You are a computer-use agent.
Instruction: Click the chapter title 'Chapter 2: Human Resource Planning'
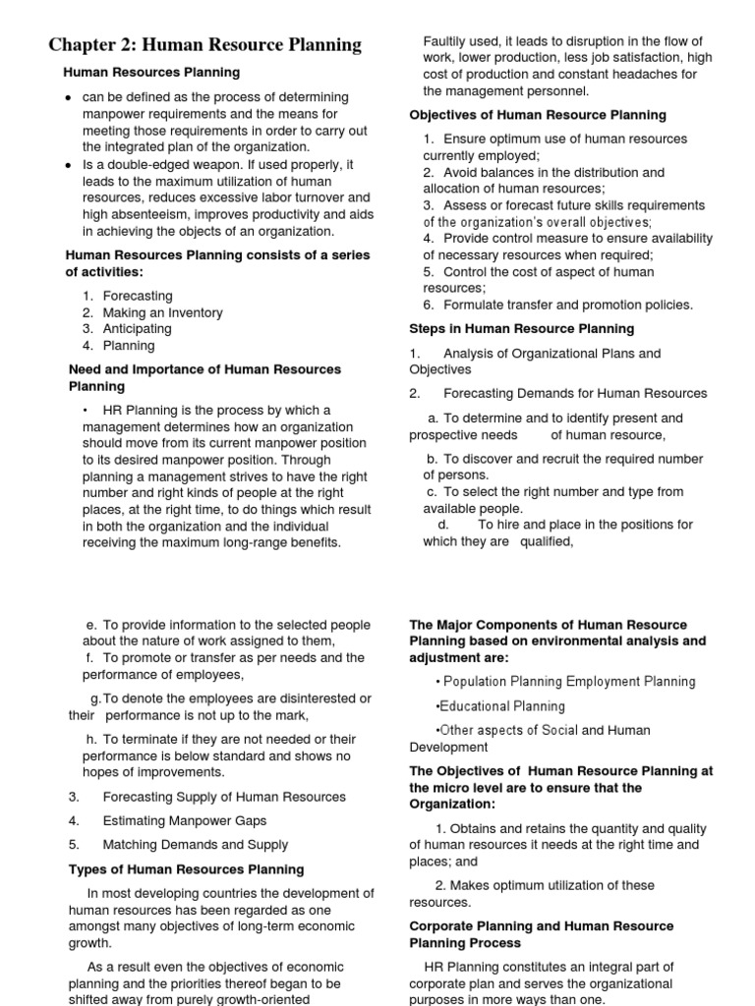click(205, 45)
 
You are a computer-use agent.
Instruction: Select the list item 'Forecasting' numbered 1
click(138, 296)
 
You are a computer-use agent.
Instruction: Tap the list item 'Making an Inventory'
click(162, 312)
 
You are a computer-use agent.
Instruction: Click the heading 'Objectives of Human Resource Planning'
click(538, 115)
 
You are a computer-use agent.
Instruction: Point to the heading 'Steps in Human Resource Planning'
click(522, 328)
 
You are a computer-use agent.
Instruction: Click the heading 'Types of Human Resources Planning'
click(186, 869)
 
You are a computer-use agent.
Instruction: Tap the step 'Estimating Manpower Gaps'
click(185, 820)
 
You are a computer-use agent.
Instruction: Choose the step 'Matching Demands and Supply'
click(196, 844)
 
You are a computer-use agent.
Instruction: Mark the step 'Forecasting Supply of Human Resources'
click(224, 797)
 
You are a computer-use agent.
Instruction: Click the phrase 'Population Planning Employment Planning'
click(569, 682)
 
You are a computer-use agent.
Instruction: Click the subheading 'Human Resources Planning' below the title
click(151, 73)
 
